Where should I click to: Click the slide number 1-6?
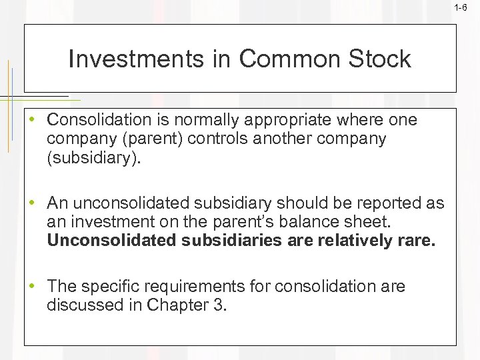(x=461, y=8)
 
